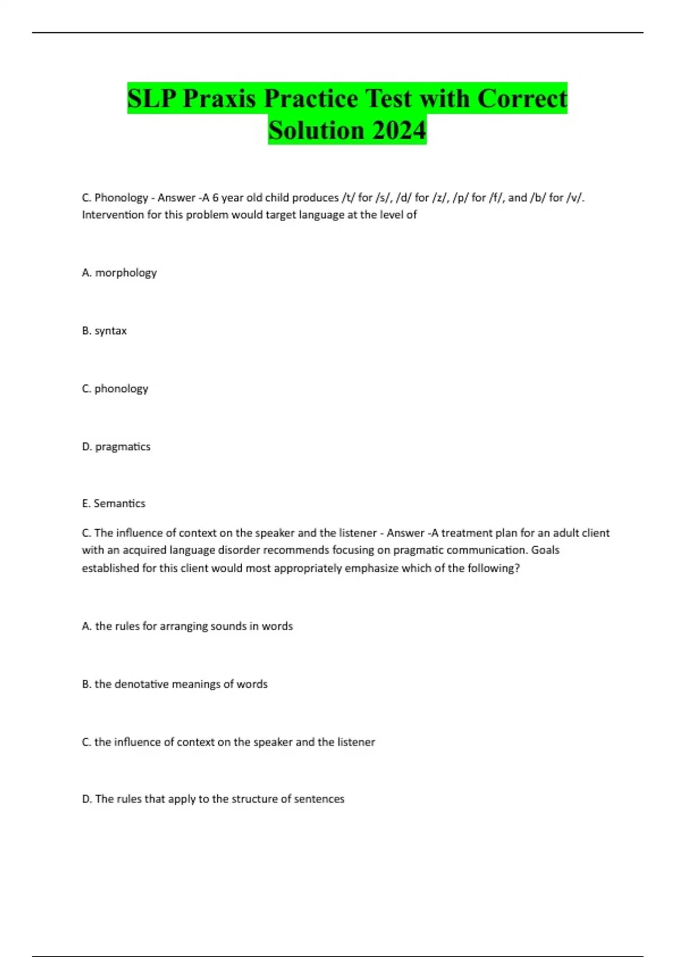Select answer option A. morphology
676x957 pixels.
pyautogui.click(x=119, y=272)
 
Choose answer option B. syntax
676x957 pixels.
pyautogui.click(x=104, y=330)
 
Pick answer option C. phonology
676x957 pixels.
pyautogui.click(x=115, y=388)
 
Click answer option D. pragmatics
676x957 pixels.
pyautogui.click(x=116, y=446)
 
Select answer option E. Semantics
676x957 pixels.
pyautogui.click(x=114, y=503)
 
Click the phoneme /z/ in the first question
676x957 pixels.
pyautogui.click(x=438, y=198)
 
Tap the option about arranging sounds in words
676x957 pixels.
pyautogui.click(x=187, y=626)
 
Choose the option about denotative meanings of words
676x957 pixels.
pyautogui.click(x=175, y=684)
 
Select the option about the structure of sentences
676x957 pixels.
pyautogui.click(x=213, y=799)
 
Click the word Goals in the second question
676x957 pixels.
pyautogui.click(x=545, y=550)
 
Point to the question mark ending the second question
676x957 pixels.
pyautogui.click(x=517, y=568)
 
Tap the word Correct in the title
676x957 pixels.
pyautogui.click(x=522, y=99)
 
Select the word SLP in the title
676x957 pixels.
pyautogui.click(x=152, y=99)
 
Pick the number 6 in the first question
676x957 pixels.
pyautogui.click(x=215, y=198)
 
